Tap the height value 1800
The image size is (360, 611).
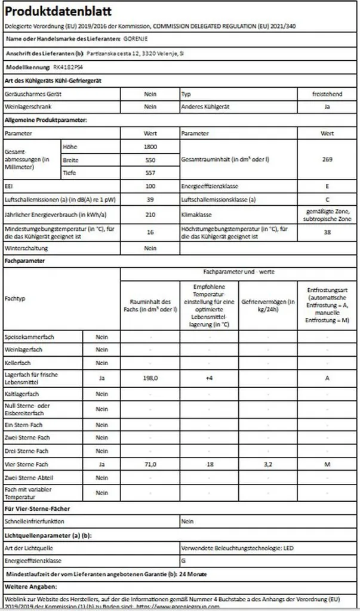pos(150,147)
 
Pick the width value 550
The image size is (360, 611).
pos(150,160)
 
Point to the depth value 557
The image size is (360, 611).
pos(150,173)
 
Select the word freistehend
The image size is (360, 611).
pos(327,94)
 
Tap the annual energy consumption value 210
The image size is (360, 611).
pos(150,214)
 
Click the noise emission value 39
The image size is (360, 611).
pos(150,199)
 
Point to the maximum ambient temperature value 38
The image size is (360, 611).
pos(327,232)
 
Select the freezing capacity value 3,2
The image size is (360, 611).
pos(268,464)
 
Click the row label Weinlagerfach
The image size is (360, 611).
pos(24,350)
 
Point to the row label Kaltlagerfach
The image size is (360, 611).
pos(22,394)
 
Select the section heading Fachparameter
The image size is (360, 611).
pos(26,261)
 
